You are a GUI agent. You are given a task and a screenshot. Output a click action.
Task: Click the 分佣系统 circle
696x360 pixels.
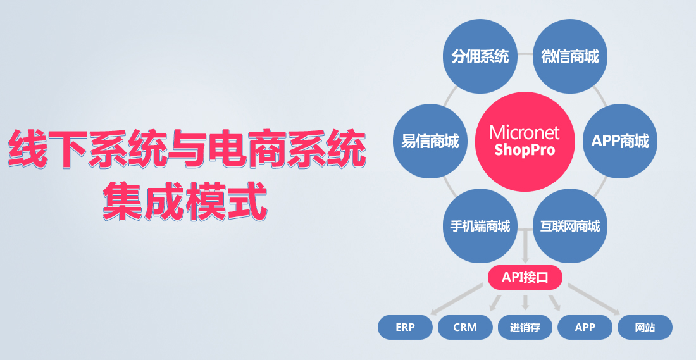coord(480,56)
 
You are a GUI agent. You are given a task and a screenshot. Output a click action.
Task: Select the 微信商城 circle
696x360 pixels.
coord(570,56)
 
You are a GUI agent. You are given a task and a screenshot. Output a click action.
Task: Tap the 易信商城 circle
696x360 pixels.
coord(430,141)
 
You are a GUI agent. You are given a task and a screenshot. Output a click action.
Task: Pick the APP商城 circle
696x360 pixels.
coord(620,141)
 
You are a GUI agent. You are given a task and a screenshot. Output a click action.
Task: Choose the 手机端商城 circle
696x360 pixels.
coord(480,226)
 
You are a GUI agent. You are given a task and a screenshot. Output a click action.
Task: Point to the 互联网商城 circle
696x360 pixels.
coord(570,226)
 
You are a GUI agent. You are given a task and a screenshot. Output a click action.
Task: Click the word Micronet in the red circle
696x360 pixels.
coord(525,133)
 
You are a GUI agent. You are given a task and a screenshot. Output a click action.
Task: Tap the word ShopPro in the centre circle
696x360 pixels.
coord(525,150)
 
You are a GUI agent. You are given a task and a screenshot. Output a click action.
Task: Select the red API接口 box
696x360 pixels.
coord(525,278)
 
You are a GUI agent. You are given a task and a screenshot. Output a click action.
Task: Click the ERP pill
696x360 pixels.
coord(405,328)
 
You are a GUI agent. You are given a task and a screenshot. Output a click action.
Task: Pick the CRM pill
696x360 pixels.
coord(465,328)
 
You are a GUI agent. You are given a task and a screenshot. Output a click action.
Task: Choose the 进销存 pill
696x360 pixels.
coord(525,328)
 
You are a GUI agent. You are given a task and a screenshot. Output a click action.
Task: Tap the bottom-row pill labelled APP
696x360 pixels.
coord(585,328)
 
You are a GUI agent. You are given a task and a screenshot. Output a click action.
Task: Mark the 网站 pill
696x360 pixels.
coord(645,328)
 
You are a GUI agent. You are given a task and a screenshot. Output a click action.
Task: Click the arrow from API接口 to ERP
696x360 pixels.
coord(457,299)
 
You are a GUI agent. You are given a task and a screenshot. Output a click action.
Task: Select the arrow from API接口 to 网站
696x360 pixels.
coord(594,299)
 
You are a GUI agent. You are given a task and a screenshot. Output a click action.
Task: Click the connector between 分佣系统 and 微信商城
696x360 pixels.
coord(525,54)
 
